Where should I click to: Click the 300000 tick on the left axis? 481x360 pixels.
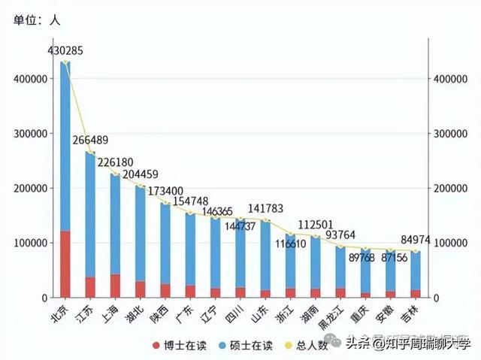pos(29,134)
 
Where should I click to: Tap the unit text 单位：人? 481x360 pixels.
pos(37,21)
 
